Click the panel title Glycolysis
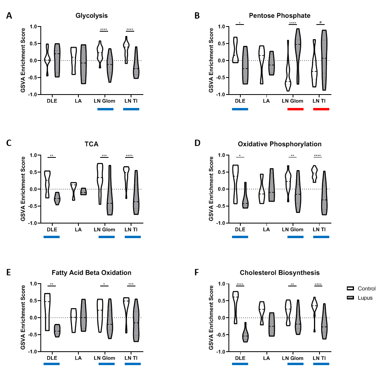pos(91,16)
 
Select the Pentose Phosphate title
pos(280,16)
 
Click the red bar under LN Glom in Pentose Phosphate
pos(295,109)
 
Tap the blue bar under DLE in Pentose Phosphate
pos(240,109)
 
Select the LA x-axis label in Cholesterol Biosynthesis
pos(266,358)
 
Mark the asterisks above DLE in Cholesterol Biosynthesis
pos(240,284)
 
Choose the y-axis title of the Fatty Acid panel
pos(23,317)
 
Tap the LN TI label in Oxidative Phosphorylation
pos(319,229)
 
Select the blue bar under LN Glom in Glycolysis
pos(105,109)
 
